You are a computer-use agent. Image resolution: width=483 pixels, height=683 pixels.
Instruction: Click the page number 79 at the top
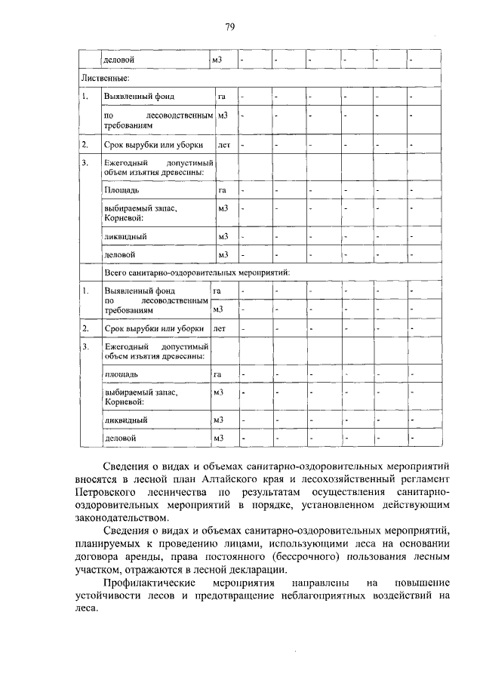(230, 27)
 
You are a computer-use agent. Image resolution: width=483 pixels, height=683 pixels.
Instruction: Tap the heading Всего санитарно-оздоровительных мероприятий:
(197, 272)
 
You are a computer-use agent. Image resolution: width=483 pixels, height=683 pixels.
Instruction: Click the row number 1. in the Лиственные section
(86, 97)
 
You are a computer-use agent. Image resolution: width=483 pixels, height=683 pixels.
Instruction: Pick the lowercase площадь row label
(121, 374)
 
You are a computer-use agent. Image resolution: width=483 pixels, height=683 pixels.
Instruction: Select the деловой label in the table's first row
(120, 59)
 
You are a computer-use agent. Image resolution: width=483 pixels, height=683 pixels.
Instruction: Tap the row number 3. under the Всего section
(86, 346)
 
